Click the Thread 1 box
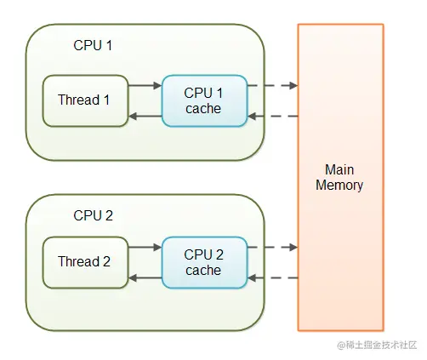(x=85, y=100)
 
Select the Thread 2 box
(x=85, y=262)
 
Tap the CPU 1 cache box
(x=205, y=100)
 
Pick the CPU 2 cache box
(x=205, y=262)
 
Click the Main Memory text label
(x=339, y=178)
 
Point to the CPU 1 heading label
(x=93, y=45)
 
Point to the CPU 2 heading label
(x=93, y=215)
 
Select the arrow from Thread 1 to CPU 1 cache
(x=145, y=85)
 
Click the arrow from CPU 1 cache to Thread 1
(x=145, y=116)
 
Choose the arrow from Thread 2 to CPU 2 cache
(x=145, y=247)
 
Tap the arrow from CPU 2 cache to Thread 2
(x=145, y=277)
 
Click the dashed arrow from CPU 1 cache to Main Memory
(x=273, y=85)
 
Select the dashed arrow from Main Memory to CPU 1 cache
(x=273, y=116)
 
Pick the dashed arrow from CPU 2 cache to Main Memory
(x=273, y=247)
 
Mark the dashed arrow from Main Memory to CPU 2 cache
(x=273, y=277)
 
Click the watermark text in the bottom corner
(x=377, y=345)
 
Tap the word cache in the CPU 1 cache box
(x=203, y=109)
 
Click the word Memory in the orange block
(x=339, y=186)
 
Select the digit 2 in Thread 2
(x=106, y=261)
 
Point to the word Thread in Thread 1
(x=78, y=100)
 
